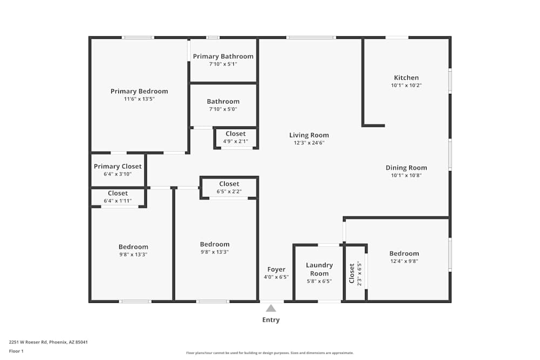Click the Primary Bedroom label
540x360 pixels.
tap(139, 91)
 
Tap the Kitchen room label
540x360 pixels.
tap(407, 78)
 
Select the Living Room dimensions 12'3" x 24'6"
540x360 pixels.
tap(309, 143)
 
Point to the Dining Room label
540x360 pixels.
tap(407, 168)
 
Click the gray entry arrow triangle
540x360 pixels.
tap(271, 308)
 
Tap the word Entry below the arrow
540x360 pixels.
tap(271, 320)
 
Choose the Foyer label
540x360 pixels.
tap(276, 269)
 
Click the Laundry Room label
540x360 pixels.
tap(319, 269)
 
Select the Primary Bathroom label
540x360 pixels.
tap(223, 57)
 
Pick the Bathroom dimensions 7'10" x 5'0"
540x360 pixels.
tap(223, 109)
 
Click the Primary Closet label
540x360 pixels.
tap(118, 167)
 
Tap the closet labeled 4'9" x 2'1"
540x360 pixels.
tap(235, 133)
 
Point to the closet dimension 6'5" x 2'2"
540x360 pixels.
tap(229, 192)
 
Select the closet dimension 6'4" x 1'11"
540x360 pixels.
tap(118, 201)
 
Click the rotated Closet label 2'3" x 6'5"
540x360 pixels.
tap(352, 273)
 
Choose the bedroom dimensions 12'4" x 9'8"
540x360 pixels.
tap(404, 261)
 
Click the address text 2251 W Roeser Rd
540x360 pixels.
tap(28, 342)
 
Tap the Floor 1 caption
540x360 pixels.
tap(16, 351)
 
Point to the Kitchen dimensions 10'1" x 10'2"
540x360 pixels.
tap(407, 85)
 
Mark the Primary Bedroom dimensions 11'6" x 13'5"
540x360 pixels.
tap(139, 99)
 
